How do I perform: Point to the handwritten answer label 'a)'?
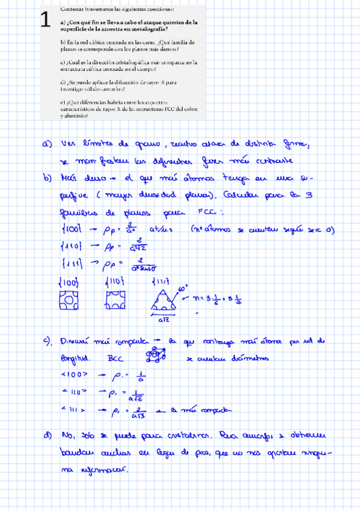(x=47, y=144)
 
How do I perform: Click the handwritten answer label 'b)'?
(x=47, y=179)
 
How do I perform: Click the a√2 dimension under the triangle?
(x=164, y=321)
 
